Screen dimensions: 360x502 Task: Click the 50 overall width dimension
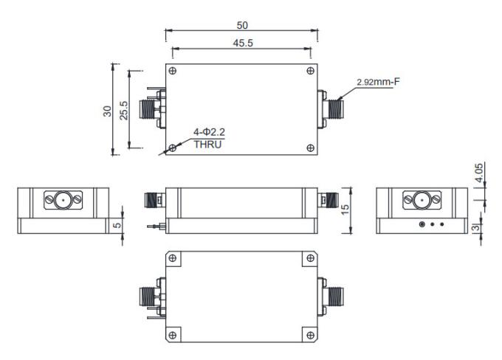click(242, 24)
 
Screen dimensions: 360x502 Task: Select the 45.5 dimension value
click(243, 44)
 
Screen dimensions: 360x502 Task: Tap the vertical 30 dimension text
click(107, 110)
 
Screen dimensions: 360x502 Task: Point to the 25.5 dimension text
click(124, 110)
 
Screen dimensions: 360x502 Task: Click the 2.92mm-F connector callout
click(377, 82)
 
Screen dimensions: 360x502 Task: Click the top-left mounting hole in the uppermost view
click(172, 72)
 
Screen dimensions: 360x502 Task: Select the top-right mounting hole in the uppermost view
click(309, 72)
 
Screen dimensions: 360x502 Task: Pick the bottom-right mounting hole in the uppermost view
click(309, 148)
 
